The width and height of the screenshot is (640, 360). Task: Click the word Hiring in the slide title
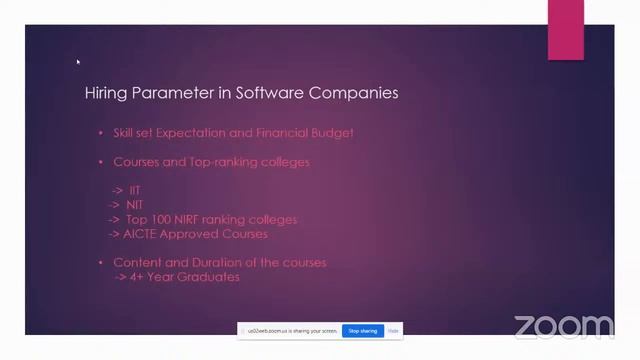pyautogui.click(x=103, y=93)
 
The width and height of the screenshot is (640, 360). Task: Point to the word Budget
pyautogui.click(x=336, y=133)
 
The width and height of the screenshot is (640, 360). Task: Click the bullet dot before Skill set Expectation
pyautogui.click(x=100, y=133)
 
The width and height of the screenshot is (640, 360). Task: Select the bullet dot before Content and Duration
pyautogui.click(x=100, y=262)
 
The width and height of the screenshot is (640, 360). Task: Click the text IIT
pyautogui.click(x=135, y=190)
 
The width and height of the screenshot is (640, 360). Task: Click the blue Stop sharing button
pyautogui.click(x=361, y=330)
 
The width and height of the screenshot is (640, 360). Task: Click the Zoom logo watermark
pyautogui.click(x=564, y=326)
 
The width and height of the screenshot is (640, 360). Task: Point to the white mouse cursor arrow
pyautogui.click(x=78, y=62)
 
